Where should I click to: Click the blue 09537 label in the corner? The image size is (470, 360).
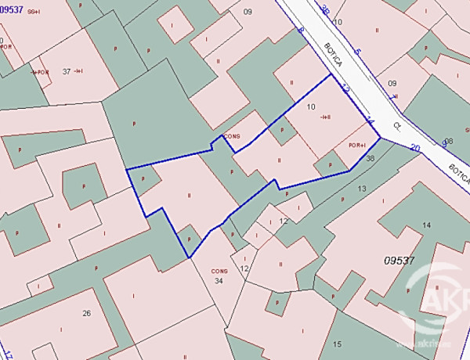pos(11,9)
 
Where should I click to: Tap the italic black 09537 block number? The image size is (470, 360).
pos(399,260)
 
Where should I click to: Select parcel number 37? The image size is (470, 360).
pos(67,71)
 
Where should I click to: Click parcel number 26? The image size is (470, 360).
pos(87,313)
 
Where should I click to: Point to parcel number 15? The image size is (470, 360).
pos(337,344)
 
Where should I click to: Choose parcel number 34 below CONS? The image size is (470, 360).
pos(219,280)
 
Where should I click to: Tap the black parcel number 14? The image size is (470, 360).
pos(426,225)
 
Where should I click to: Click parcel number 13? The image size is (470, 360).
pos(361,189)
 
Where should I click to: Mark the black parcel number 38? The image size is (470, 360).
pos(371,158)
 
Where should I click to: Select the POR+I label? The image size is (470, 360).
pos(358,145)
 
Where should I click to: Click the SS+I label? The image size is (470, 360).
pos(34,12)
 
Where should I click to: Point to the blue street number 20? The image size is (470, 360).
pos(414,147)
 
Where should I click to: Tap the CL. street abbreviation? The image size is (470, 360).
pos(397,125)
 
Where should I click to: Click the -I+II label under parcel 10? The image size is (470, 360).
pos(325,117)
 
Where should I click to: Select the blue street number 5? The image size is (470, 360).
pos(358,52)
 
